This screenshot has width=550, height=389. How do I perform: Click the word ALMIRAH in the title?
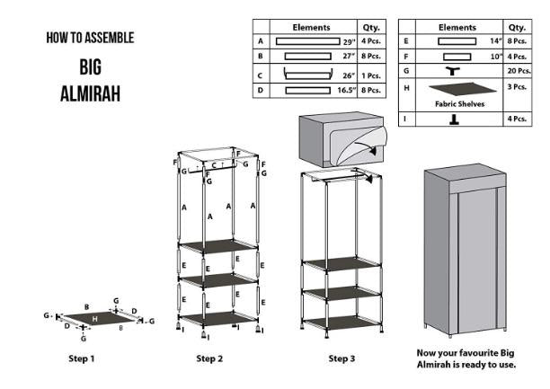[89, 93]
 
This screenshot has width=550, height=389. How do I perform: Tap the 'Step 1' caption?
[82, 358]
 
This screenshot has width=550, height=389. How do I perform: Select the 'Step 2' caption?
[209, 358]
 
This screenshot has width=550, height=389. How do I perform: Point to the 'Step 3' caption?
[341, 358]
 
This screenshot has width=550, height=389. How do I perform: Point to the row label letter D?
[261, 90]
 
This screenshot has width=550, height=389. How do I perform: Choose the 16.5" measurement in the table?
[344, 90]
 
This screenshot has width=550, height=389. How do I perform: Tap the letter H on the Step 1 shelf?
[93, 318]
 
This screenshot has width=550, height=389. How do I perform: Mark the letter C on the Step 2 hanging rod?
[214, 164]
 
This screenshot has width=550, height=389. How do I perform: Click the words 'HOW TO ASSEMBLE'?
[90, 38]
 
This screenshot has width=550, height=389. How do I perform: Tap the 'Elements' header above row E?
[457, 27]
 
